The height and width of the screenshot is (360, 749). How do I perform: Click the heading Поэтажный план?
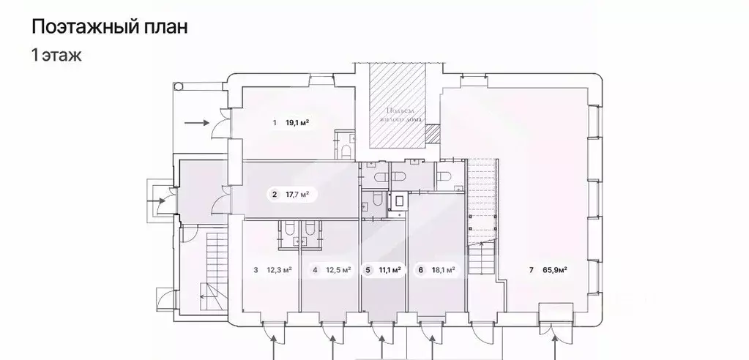tap(109, 28)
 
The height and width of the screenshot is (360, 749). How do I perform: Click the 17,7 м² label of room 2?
tap(297, 195)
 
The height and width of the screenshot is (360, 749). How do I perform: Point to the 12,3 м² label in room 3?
tap(279, 270)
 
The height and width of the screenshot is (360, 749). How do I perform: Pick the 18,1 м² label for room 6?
tap(443, 270)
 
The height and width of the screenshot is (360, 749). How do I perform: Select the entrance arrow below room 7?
tap(556, 338)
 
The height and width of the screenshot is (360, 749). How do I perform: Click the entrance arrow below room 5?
tap(381, 338)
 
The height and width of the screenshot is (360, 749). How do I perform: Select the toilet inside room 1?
tap(346, 151)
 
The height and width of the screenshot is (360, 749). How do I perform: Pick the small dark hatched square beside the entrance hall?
tap(433, 133)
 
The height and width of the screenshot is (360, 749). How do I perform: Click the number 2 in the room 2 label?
tap(275, 195)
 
